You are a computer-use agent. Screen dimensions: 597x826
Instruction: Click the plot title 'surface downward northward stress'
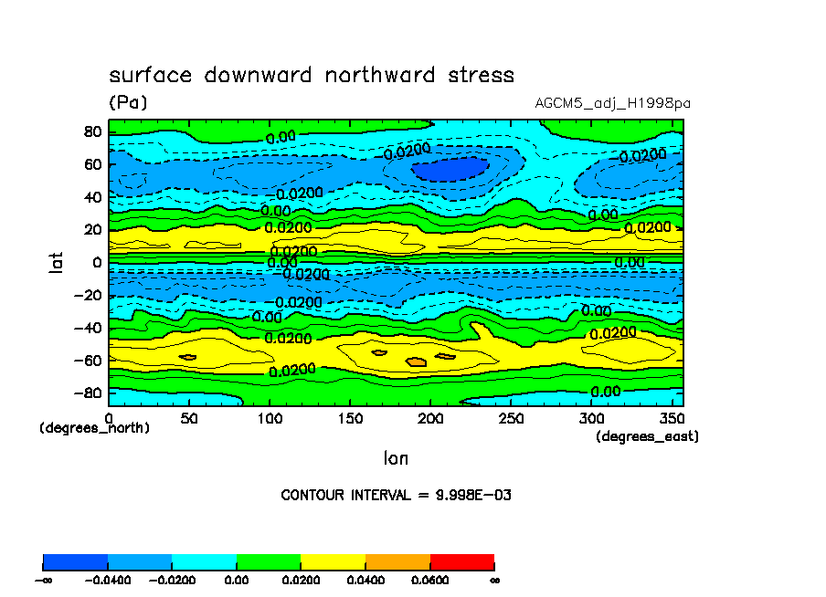click(x=312, y=75)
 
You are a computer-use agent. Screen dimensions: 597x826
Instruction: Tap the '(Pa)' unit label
click(x=128, y=103)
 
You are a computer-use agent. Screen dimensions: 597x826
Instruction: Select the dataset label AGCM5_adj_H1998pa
click(x=612, y=103)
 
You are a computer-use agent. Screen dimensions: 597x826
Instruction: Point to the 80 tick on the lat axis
click(x=91, y=131)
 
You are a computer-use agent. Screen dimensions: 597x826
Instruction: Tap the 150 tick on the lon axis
click(x=349, y=418)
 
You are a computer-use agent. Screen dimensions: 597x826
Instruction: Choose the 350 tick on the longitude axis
click(x=671, y=418)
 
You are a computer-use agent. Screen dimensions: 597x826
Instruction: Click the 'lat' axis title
click(x=57, y=264)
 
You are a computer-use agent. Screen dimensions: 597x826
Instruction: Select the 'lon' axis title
click(x=396, y=457)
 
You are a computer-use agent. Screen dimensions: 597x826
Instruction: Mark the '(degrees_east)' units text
click(x=647, y=437)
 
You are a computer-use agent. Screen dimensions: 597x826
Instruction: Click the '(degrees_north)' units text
click(x=94, y=427)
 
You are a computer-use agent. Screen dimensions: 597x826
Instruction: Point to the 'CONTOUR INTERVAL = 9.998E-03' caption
click(x=396, y=495)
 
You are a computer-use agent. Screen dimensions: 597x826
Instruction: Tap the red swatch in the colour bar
click(x=461, y=561)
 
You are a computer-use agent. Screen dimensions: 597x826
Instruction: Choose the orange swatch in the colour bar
click(x=397, y=561)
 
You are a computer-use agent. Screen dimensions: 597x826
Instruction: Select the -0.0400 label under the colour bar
click(x=108, y=579)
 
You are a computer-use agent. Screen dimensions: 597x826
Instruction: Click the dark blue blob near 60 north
click(x=448, y=169)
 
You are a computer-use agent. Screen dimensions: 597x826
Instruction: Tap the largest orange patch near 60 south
click(x=416, y=362)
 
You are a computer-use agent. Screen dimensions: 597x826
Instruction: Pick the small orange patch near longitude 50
click(x=188, y=356)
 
